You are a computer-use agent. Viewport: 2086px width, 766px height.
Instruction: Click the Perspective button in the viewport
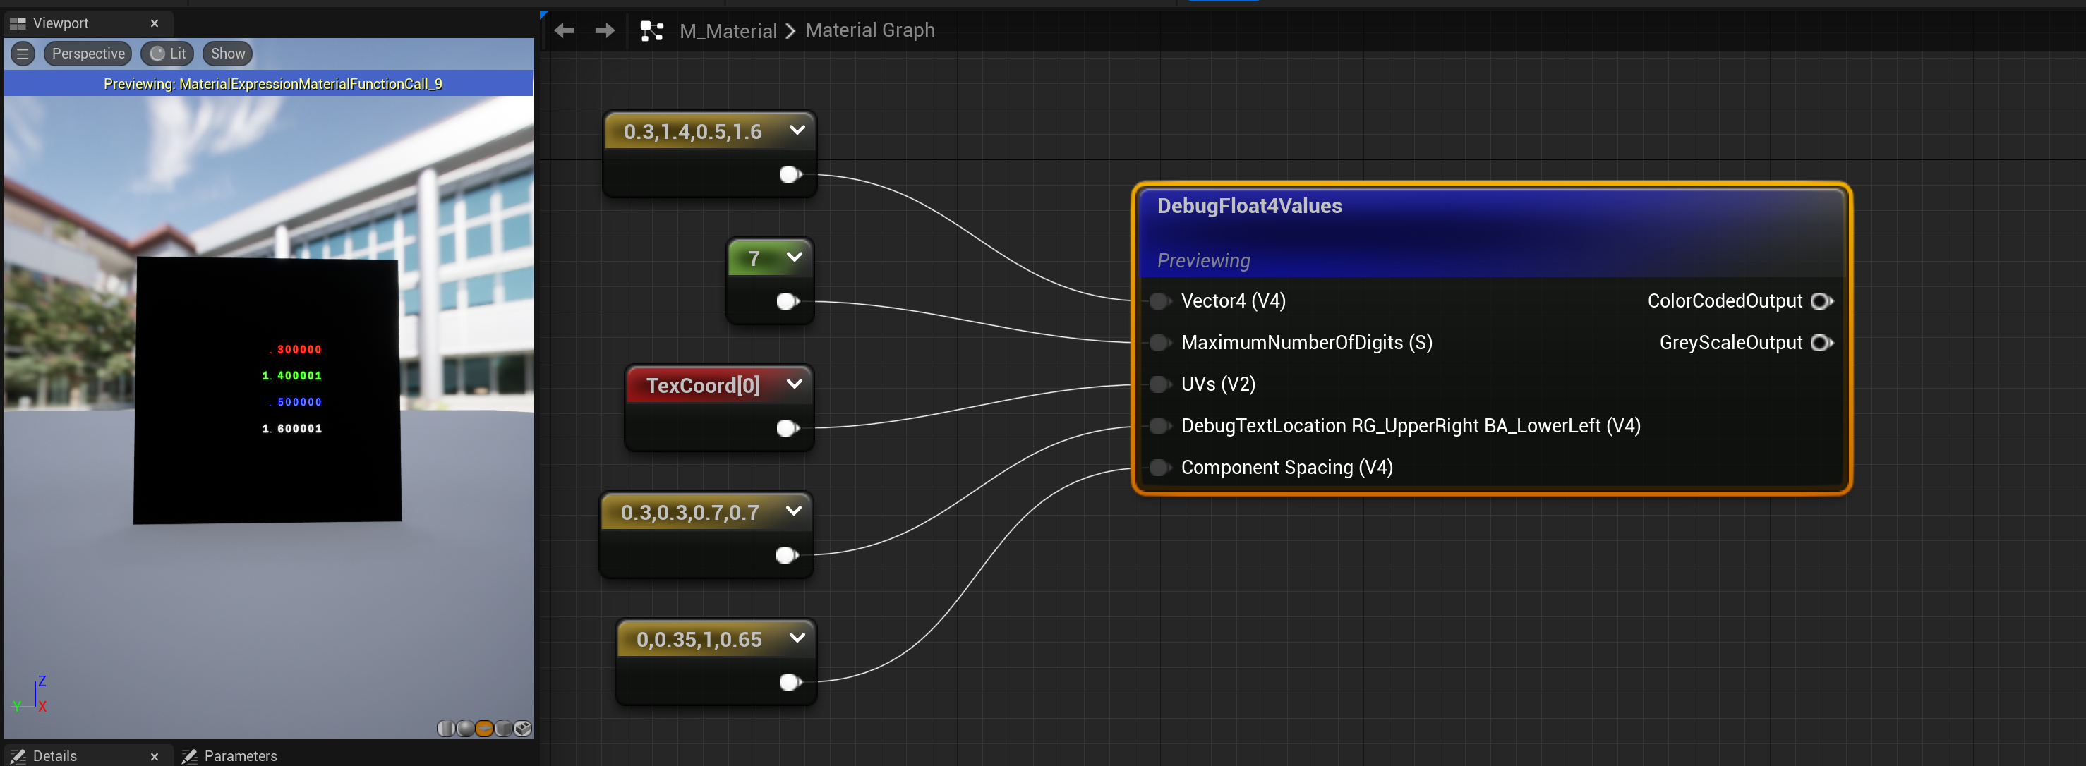[x=88, y=54]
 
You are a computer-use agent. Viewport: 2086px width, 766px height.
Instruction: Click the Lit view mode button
[x=168, y=54]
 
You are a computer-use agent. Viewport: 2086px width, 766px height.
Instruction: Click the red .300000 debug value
[x=296, y=350]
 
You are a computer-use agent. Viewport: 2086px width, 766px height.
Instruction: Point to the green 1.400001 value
[x=291, y=376]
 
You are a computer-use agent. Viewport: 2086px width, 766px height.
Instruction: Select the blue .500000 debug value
[x=296, y=401]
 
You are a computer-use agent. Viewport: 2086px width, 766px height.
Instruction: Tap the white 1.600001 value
[x=291, y=428]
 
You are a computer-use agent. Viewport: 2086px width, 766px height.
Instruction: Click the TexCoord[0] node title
[x=702, y=385]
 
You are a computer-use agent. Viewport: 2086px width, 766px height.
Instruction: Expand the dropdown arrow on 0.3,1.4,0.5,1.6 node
[x=797, y=130]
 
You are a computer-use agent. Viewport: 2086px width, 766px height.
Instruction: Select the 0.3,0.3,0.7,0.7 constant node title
[x=690, y=513]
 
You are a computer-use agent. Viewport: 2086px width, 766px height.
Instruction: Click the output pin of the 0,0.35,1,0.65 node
[x=790, y=682]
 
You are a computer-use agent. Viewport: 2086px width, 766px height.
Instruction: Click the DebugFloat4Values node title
[x=1248, y=206]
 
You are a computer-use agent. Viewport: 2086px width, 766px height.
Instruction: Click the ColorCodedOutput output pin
[x=1821, y=301]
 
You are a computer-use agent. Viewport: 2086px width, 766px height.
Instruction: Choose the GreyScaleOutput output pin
[x=1821, y=343]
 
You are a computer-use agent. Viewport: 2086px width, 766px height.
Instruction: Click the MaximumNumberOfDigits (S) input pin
[x=1159, y=343]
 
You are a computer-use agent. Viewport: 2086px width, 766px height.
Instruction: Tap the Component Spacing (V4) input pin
[x=1159, y=467]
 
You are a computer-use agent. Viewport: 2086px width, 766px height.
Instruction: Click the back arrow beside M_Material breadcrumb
[x=565, y=31]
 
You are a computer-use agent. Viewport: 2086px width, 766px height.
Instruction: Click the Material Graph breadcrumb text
[x=869, y=30]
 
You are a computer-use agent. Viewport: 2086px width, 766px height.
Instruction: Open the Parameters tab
[x=240, y=755]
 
